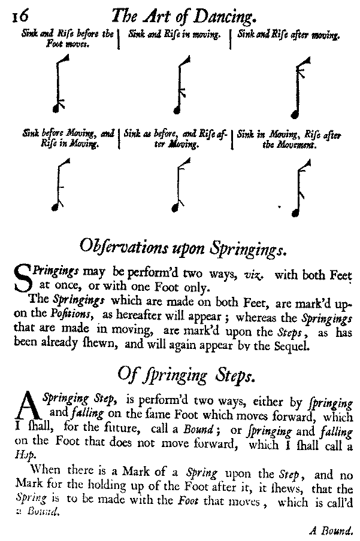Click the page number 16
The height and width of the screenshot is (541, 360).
click(x=13, y=14)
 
